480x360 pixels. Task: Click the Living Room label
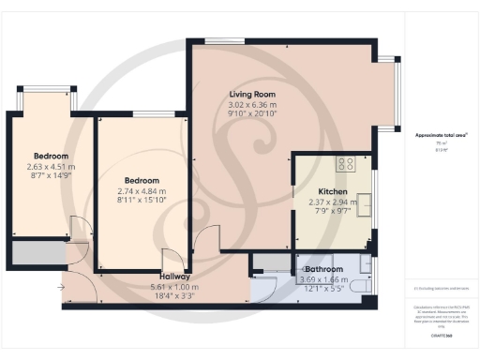coord(252,94)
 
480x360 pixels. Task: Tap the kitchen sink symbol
coord(365,202)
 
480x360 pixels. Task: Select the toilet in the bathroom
coord(367,266)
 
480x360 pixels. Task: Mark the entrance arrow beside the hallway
coord(61,287)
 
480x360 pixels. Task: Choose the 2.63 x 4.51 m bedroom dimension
coord(52,167)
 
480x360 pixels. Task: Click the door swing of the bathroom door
coord(264,284)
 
